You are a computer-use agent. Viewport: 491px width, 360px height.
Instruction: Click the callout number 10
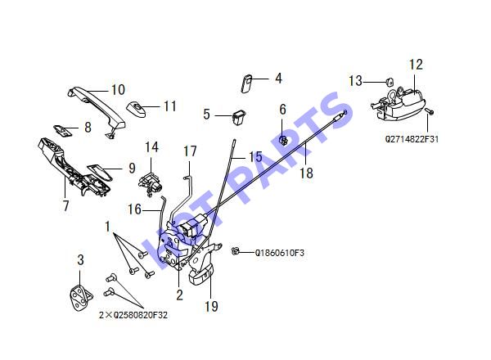point(119,90)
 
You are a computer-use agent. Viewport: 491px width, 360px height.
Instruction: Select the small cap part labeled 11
point(136,108)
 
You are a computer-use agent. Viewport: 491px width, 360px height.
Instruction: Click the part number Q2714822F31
point(412,139)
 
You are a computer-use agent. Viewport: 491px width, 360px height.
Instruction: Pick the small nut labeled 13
point(390,81)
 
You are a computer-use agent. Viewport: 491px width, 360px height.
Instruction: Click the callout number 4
point(278,79)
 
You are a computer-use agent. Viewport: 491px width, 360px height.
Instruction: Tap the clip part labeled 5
point(239,116)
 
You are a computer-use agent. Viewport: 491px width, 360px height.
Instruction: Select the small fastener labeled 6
point(283,141)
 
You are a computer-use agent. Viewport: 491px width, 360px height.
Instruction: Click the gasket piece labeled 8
point(62,131)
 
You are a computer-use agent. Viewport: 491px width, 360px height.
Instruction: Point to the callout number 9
point(132,168)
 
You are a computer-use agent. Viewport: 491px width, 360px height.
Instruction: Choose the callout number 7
point(65,205)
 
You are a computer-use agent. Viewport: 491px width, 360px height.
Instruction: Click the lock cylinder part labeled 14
point(151,184)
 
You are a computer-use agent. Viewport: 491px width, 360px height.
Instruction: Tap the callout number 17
point(190,151)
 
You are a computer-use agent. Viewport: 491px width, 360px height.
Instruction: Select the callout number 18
point(306,173)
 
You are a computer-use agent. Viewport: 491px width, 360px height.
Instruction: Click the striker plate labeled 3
point(81,297)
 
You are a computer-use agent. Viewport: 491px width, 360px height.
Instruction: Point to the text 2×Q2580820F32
point(133,315)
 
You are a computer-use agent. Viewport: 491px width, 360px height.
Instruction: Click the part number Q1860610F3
point(279,253)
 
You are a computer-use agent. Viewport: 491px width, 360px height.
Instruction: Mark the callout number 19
point(211,307)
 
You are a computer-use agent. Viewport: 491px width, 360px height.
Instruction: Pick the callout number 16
point(135,209)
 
